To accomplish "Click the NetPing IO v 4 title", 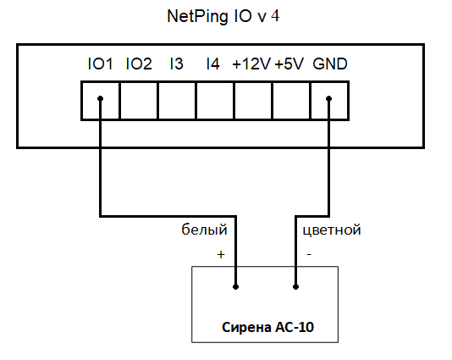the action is click(x=223, y=16).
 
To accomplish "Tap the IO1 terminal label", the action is click(x=100, y=64).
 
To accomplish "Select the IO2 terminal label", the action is click(x=139, y=64).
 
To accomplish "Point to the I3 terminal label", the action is click(x=176, y=64).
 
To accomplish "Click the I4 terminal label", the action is click(x=212, y=64).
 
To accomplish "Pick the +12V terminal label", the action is click(x=251, y=64).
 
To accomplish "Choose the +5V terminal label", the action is click(x=289, y=64).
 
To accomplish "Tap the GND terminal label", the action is click(x=330, y=64).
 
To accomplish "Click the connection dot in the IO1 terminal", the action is click(x=101, y=98).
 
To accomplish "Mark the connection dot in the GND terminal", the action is click(x=328, y=98).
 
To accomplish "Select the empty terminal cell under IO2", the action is click(x=139, y=101).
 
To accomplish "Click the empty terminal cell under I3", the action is click(x=177, y=101).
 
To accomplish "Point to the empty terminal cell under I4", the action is click(x=215, y=101).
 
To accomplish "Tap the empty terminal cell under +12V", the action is click(x=253, y=101).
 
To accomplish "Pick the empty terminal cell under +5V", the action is click(x=291, y=101).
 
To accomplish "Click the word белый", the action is click(x=204, y=230).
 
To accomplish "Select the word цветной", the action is click(x=332, y=230).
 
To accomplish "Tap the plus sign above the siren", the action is click(x=221, y=254).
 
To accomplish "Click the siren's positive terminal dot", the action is click(x=236, y=287).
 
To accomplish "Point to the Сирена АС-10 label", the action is click(x=267, y=328).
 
